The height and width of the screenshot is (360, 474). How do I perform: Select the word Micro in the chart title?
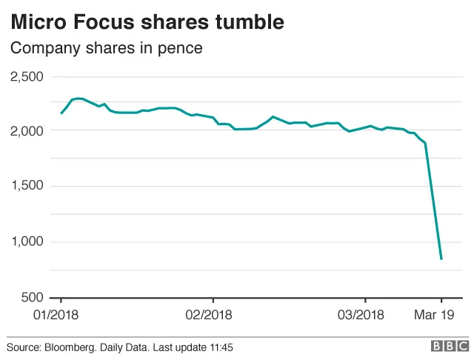click(x=35, y=22)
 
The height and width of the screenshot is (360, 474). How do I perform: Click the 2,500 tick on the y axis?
click(x=27, y=76)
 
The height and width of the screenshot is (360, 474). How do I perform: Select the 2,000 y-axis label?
click(x=27, y=131)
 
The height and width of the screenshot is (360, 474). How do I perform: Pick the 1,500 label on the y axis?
click(x=27, y=187)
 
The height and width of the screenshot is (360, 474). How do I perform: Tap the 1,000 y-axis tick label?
click(x=27, y=242)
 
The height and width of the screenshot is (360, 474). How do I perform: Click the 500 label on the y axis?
click(x=33, y=298)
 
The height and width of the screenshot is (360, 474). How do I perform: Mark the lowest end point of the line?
click(x=441, y=259)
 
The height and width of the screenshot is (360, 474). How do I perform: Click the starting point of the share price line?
click(x=61, y=113)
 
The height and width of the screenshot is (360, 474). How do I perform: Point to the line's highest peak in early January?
click(x=77, y=98)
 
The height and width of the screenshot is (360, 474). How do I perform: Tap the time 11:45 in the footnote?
click(x=221, y=347)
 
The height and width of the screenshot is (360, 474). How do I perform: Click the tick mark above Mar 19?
click(x=441, y=301)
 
